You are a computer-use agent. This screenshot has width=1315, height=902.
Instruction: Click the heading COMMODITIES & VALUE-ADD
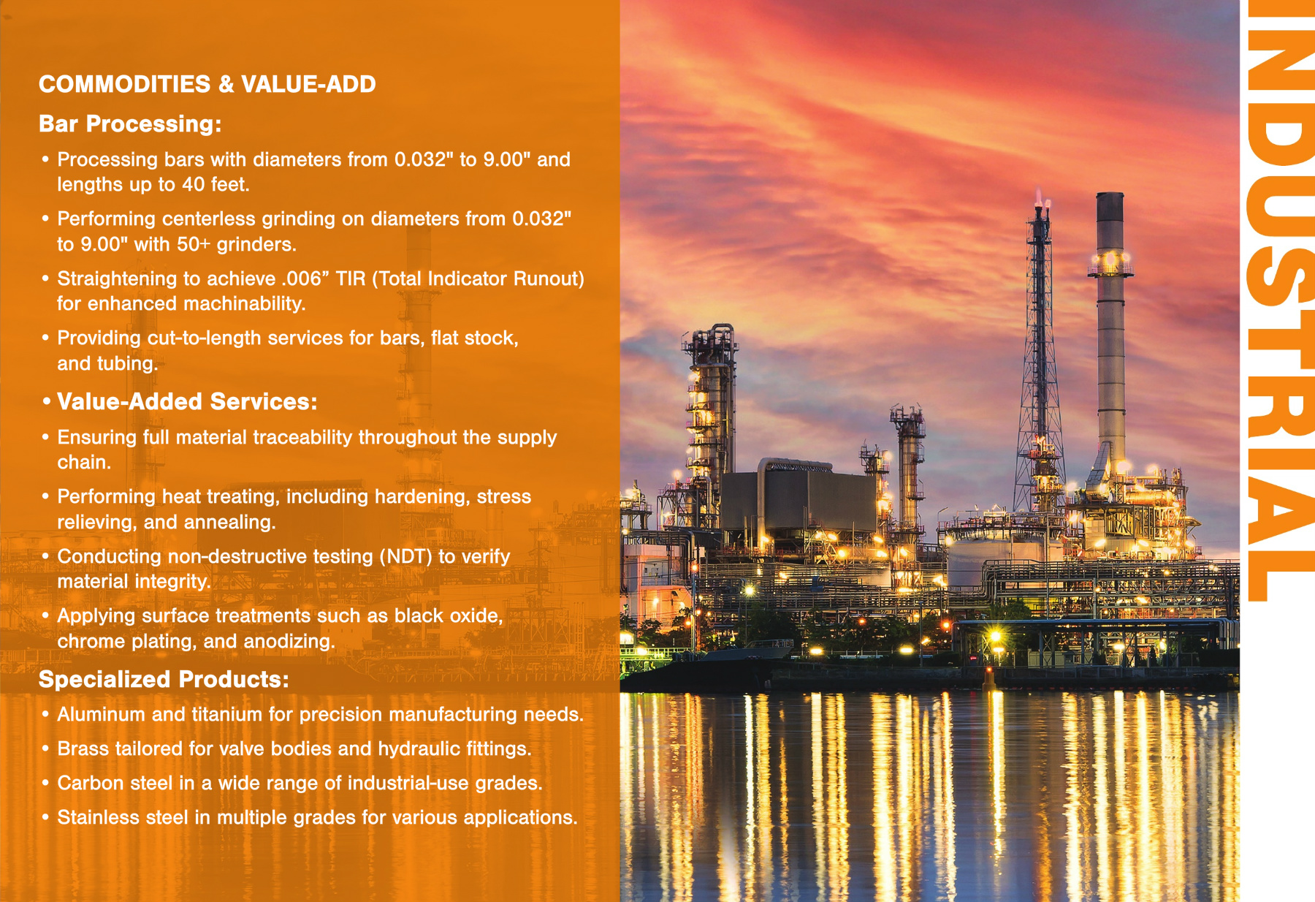click(207, 84)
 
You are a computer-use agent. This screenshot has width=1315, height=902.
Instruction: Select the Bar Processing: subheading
click(130, 124)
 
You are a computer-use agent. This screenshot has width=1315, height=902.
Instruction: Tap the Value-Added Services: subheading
click(187, 401)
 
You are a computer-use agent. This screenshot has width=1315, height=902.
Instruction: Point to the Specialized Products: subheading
click(164, 679)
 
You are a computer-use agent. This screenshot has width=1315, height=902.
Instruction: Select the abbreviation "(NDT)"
click(405, 556)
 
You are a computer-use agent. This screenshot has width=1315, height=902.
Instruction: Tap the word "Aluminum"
click(102, 714)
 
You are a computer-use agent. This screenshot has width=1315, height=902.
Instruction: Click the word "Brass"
click(83, 748)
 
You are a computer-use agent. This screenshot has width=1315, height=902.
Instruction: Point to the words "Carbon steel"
click(112, 783)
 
